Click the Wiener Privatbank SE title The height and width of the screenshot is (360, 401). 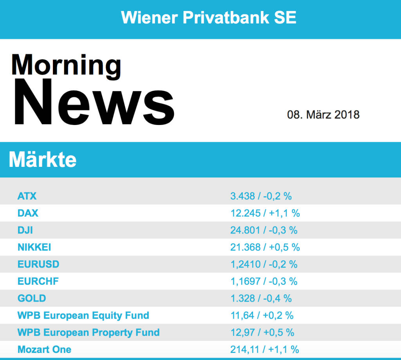click(209, 18)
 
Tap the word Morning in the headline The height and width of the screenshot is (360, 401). click(66, 65)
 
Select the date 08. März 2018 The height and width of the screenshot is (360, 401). click(323, 115)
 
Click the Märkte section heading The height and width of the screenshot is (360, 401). click(42, 159)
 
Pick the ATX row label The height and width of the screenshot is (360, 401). click(27, 196)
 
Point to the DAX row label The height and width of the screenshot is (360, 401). click(28, 213)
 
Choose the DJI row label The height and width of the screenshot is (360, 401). click(25, 230)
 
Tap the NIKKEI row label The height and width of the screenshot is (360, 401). click(34, 247)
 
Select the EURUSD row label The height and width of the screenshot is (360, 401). click(38, 264)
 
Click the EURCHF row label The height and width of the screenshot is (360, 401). click(38, 281)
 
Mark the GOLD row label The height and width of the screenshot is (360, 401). click(32, 298)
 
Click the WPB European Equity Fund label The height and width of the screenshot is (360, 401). click(83, 315)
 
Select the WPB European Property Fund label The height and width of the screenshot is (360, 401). click(89, 333)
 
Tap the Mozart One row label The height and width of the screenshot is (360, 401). click(44, 349)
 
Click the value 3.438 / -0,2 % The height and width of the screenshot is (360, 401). click(261, 196)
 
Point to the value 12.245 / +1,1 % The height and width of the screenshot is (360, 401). click(265, 213)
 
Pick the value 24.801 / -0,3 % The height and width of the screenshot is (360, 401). click(264, 230)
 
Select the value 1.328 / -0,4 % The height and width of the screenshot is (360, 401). click(261, 298)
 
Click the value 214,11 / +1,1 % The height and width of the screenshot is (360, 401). click(265, 349)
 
